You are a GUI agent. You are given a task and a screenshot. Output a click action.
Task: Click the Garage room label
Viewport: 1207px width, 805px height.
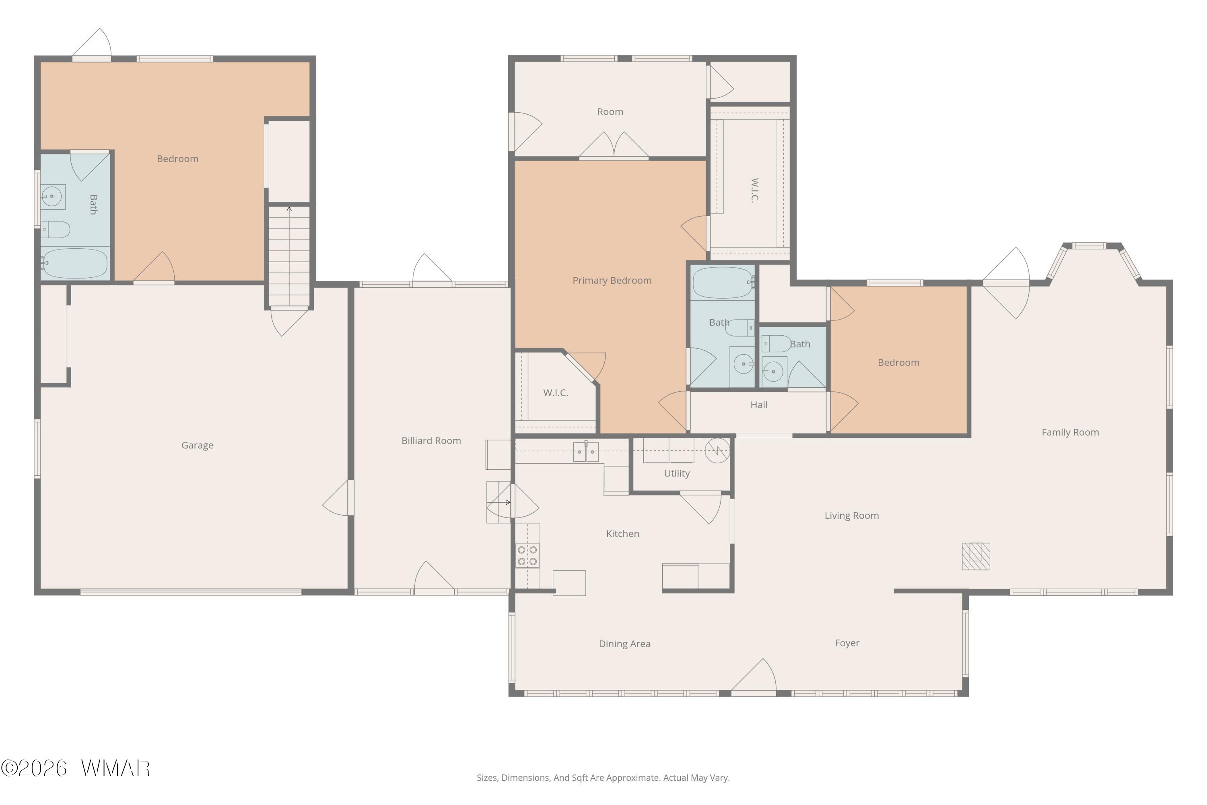(x=197, y=446)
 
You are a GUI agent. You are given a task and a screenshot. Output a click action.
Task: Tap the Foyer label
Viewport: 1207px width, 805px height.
(x=847, y=643)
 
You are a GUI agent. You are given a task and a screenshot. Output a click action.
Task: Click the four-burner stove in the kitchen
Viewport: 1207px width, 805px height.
(x=527, y=555)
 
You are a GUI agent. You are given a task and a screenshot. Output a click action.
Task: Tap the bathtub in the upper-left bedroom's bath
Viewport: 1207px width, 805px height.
(x=74, y=264)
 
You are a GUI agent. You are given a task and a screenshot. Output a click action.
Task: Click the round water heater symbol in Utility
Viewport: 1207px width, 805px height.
(x=717, y=451)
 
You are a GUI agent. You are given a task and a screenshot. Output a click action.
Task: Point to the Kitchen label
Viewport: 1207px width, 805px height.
(x=622, y=534)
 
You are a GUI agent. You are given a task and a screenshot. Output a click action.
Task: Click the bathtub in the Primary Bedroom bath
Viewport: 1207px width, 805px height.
(x=723, y=283)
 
